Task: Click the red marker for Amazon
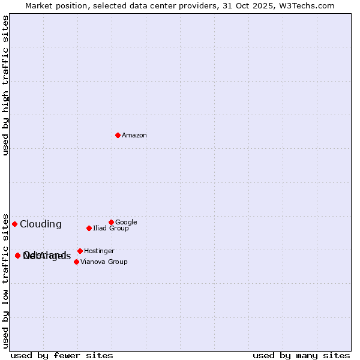(118, 135)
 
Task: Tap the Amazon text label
(134, 136)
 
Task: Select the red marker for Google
(111, 222)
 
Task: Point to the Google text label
(126, 223)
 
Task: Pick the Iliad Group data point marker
(89, 228)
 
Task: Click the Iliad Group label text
(111, 229)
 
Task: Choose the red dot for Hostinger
(80, 251)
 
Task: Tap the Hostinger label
(99, 251)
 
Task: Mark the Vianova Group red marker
(76, 262)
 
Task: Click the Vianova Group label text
(104, 262)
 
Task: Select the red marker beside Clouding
(14, 224)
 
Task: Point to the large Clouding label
(41, 224)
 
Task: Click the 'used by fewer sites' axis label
(62, 356)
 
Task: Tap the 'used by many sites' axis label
(301, 356)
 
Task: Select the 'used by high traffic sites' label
(5, 85)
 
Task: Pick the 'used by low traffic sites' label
(5, 280)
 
